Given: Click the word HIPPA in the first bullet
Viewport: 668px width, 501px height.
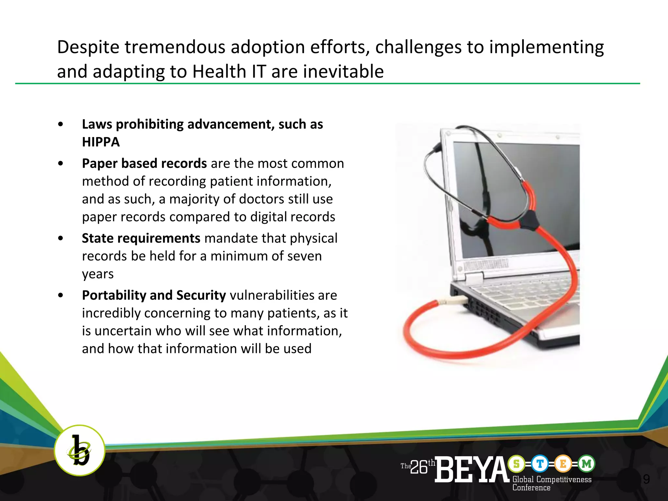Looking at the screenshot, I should pyautogui.click(x=101, y=142).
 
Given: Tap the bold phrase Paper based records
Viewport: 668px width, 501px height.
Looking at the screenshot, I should pyautogui.click(x=144, y=163).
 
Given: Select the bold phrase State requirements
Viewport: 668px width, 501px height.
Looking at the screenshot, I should pyautogui.click(x=141, y=238).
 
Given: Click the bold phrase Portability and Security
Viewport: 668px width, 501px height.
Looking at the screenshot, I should pyautogui.click(x=154, y=295).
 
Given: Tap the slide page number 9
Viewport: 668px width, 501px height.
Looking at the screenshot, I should pyautogui.click(x=646, y=479).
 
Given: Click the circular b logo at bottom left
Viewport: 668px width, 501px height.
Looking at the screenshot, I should pyautogui.click(x=79, y=450).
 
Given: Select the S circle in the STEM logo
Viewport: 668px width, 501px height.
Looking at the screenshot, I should pyautogui.click(x=517, y=463).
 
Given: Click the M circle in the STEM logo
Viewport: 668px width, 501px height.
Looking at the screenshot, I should pyautogui.click(x=586, y=463).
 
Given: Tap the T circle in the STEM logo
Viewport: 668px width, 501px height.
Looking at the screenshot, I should pyautogui.click(x=540, y=463).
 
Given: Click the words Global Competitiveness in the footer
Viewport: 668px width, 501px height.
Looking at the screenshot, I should pyautogui.click(x=552, y=479).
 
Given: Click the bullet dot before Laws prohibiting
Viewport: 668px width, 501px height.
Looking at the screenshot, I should pyautogui.click(x=60, y=124).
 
